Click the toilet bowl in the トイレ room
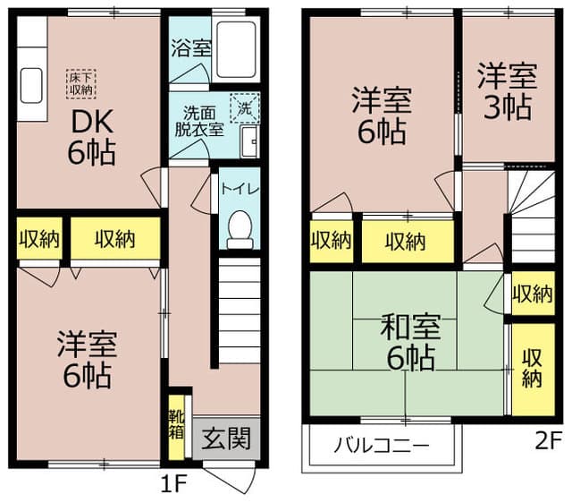coord(240,230)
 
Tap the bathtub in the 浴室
coord(236,50)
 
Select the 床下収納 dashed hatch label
coord(81,84)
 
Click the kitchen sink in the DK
coord(31,86)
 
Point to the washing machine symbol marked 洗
coord(245,108)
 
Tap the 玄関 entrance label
coord(226,439)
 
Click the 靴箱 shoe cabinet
coord(176,427)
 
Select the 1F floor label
coord(173,483)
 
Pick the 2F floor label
coord(548,441)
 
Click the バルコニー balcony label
coord(382,446)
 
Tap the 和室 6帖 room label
coord(411,342)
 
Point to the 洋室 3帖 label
coord(508,91)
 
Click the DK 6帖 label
coord(91,137)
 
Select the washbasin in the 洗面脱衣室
coord(250,141)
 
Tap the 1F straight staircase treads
coord(240,311)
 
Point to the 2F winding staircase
coord(532,217)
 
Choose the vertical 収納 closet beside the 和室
coord(533,369)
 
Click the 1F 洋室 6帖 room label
coord(87,359)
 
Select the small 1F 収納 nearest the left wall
coord(39,239)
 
